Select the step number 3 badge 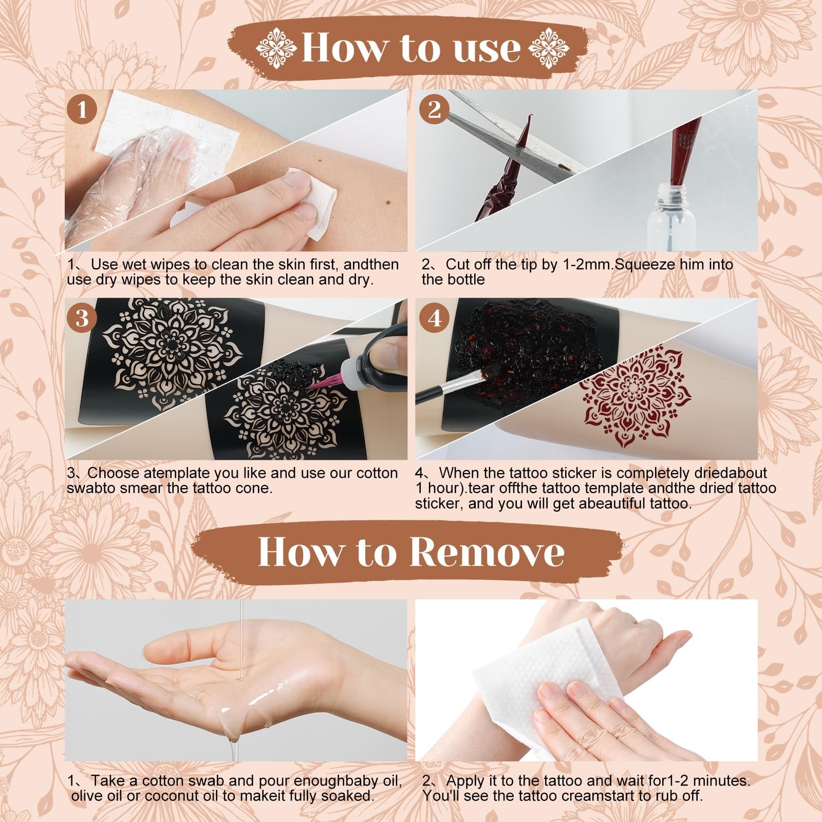tap(82, 319)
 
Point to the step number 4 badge tap(435, 319)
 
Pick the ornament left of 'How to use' tap(276, 49)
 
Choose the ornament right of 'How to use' tap(549, 49)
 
